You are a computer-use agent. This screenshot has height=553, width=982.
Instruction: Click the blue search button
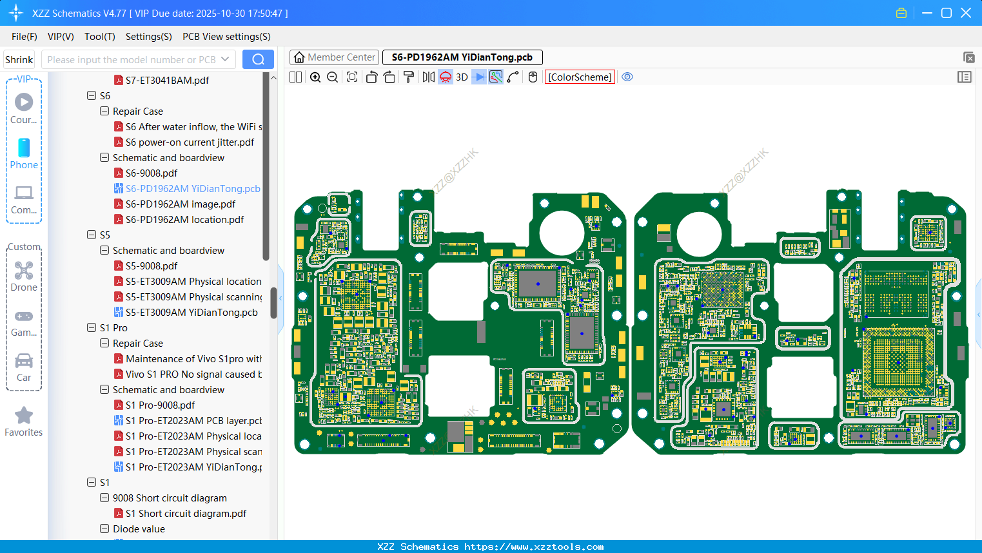[x=258, y=59]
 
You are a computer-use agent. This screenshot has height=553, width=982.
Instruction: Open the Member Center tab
[x=334, y=57]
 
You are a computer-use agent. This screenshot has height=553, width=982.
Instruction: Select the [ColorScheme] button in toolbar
[x=580, y=77]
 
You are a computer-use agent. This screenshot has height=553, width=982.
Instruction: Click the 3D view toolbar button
[x=462, y=77]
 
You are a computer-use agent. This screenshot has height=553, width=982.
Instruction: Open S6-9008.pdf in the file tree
[x=152, y=173]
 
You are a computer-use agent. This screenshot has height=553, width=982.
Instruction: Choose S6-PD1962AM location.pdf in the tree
[x=184, y=220]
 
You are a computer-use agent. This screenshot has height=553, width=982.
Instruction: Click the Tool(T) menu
[x=99, y=37]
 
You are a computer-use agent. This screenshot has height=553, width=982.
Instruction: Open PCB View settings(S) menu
[x=226, y=37]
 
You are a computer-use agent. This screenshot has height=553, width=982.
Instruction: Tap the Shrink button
[x=19, y=60]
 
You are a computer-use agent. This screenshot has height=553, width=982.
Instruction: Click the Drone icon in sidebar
[x=24, y=275]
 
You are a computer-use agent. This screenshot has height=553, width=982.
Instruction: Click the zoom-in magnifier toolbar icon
[x=315, y=77]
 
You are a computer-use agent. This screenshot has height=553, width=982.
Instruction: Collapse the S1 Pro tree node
[x=92, y=328]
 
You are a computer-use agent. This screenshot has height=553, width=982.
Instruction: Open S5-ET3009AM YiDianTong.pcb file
[x=191, y=313]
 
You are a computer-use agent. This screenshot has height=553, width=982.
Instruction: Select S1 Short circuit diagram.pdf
[x=186, y=514]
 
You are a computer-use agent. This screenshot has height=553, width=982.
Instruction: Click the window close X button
[x=966, y=13]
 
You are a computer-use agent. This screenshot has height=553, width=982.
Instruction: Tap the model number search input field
[x=132, y=60]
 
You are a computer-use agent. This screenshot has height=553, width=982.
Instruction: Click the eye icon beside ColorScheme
[x=627, y=77]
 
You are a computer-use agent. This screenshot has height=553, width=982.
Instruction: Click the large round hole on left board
[x=561, y=232]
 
